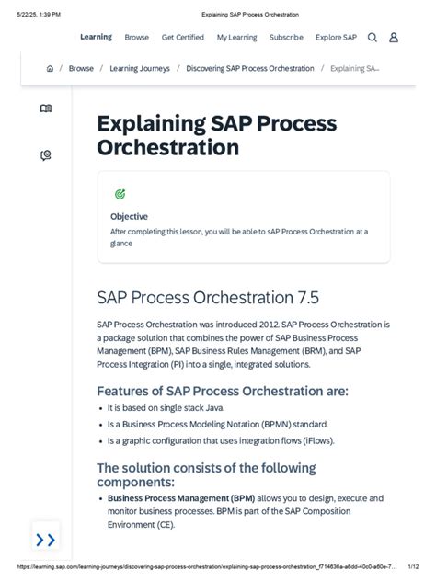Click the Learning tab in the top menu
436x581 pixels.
[96, 37]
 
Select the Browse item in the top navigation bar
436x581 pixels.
[136, 38]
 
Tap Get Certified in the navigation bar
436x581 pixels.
[183, 38]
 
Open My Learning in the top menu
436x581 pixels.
[236, 38]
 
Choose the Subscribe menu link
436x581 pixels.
[286, 38]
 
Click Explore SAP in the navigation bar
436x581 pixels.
[336, 38]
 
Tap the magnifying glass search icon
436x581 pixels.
[373, 38]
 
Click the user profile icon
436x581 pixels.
[394, 38]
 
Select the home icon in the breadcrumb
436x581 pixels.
[50, 69]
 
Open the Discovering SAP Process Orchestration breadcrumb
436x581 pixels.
[249, 69]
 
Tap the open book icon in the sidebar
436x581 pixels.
[46, 108]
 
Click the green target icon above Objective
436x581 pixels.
[120, 194]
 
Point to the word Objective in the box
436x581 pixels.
[129, 216]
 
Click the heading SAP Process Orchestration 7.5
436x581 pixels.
[207, 297]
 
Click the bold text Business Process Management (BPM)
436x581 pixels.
[180, 497]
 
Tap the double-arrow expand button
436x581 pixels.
[45, 539]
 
